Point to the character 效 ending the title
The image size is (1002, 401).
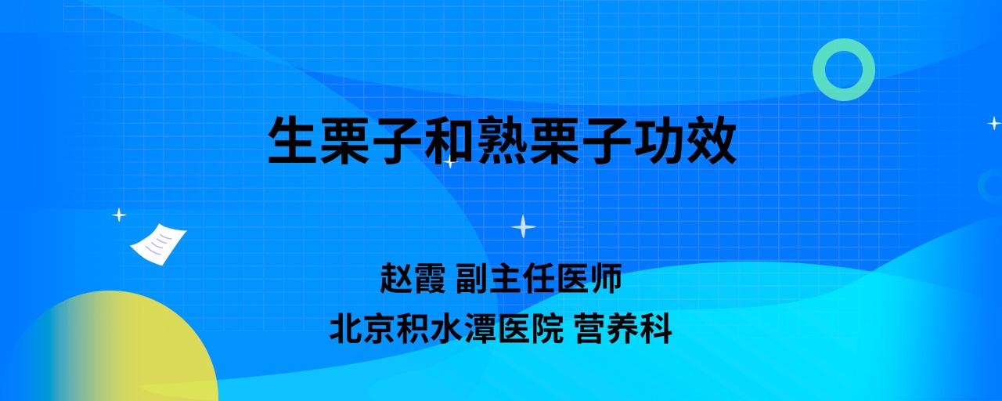[712, 140]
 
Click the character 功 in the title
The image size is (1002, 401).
[659, 140]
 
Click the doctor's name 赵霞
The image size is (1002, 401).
[413, 278]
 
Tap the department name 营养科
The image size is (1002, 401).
[623, 329]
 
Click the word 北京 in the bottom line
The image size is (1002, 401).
[362, 329]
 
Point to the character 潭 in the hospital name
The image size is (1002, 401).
[481, 329]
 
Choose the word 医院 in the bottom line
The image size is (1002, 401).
[531, 329]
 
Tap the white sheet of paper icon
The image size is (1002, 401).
[158, 244]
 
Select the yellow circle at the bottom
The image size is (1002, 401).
[112, 346]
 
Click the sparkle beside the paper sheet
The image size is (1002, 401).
[119, 215]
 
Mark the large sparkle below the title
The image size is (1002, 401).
[524, 226]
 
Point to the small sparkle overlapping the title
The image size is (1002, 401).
[450, 161]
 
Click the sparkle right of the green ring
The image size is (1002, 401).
[994, 123]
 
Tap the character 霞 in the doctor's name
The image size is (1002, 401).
[430, 278]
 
